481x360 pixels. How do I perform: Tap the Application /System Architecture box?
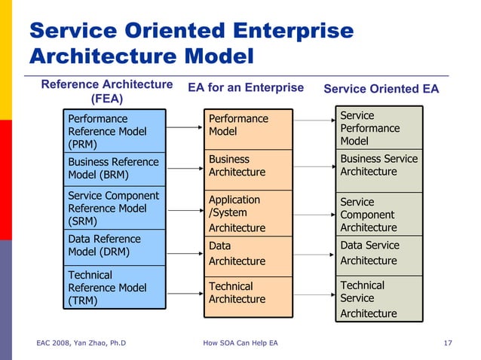pyautogui.click(x=247, y=213)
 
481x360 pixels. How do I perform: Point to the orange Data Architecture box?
pyautogui.click(x=247, y=255)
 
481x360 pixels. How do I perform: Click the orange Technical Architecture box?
pyautogui.click(x=247, y=293)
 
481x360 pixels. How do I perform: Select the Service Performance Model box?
pyautogui.click(x=377, y=128)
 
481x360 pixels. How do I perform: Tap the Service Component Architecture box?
pyautogui.click(x=377, y=214)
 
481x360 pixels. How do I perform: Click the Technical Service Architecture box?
pyautogui.click(x=377, y=297)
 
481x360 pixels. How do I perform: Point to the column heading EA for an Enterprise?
pyautogui.click(x=246, y=88)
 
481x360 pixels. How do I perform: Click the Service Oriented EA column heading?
pyautogui.click(x=381, y=89)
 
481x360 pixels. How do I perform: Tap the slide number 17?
pyautogui.click(x=448, y=343)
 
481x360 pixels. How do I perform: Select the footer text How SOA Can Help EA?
pyautogui.click(x=240, y=343)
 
